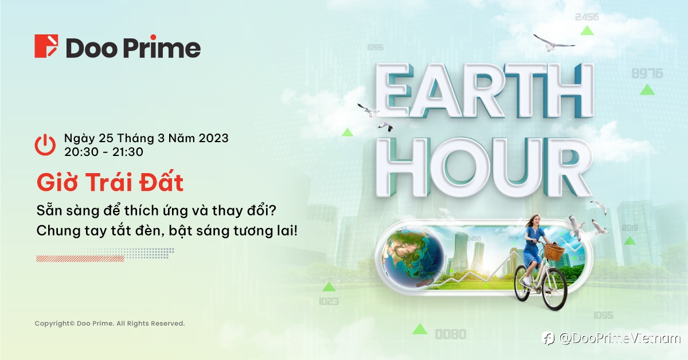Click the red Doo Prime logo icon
pos(46,46)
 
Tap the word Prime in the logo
pos(162,48)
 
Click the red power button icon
pos(45,144)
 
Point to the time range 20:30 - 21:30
pos(104,152)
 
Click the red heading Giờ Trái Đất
pos(110,182)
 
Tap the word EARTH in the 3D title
pos(484,91)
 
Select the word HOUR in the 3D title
pos(484,167)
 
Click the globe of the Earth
pos(413,256)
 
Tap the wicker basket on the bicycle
pos(554,252)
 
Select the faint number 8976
pos(647,74)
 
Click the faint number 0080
pos(451,334)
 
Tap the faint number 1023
pos(329,302)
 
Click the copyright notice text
pos(110,323)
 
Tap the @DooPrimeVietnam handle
pos(620,338)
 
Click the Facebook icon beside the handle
pos(548,338)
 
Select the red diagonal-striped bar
pos(80,259)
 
